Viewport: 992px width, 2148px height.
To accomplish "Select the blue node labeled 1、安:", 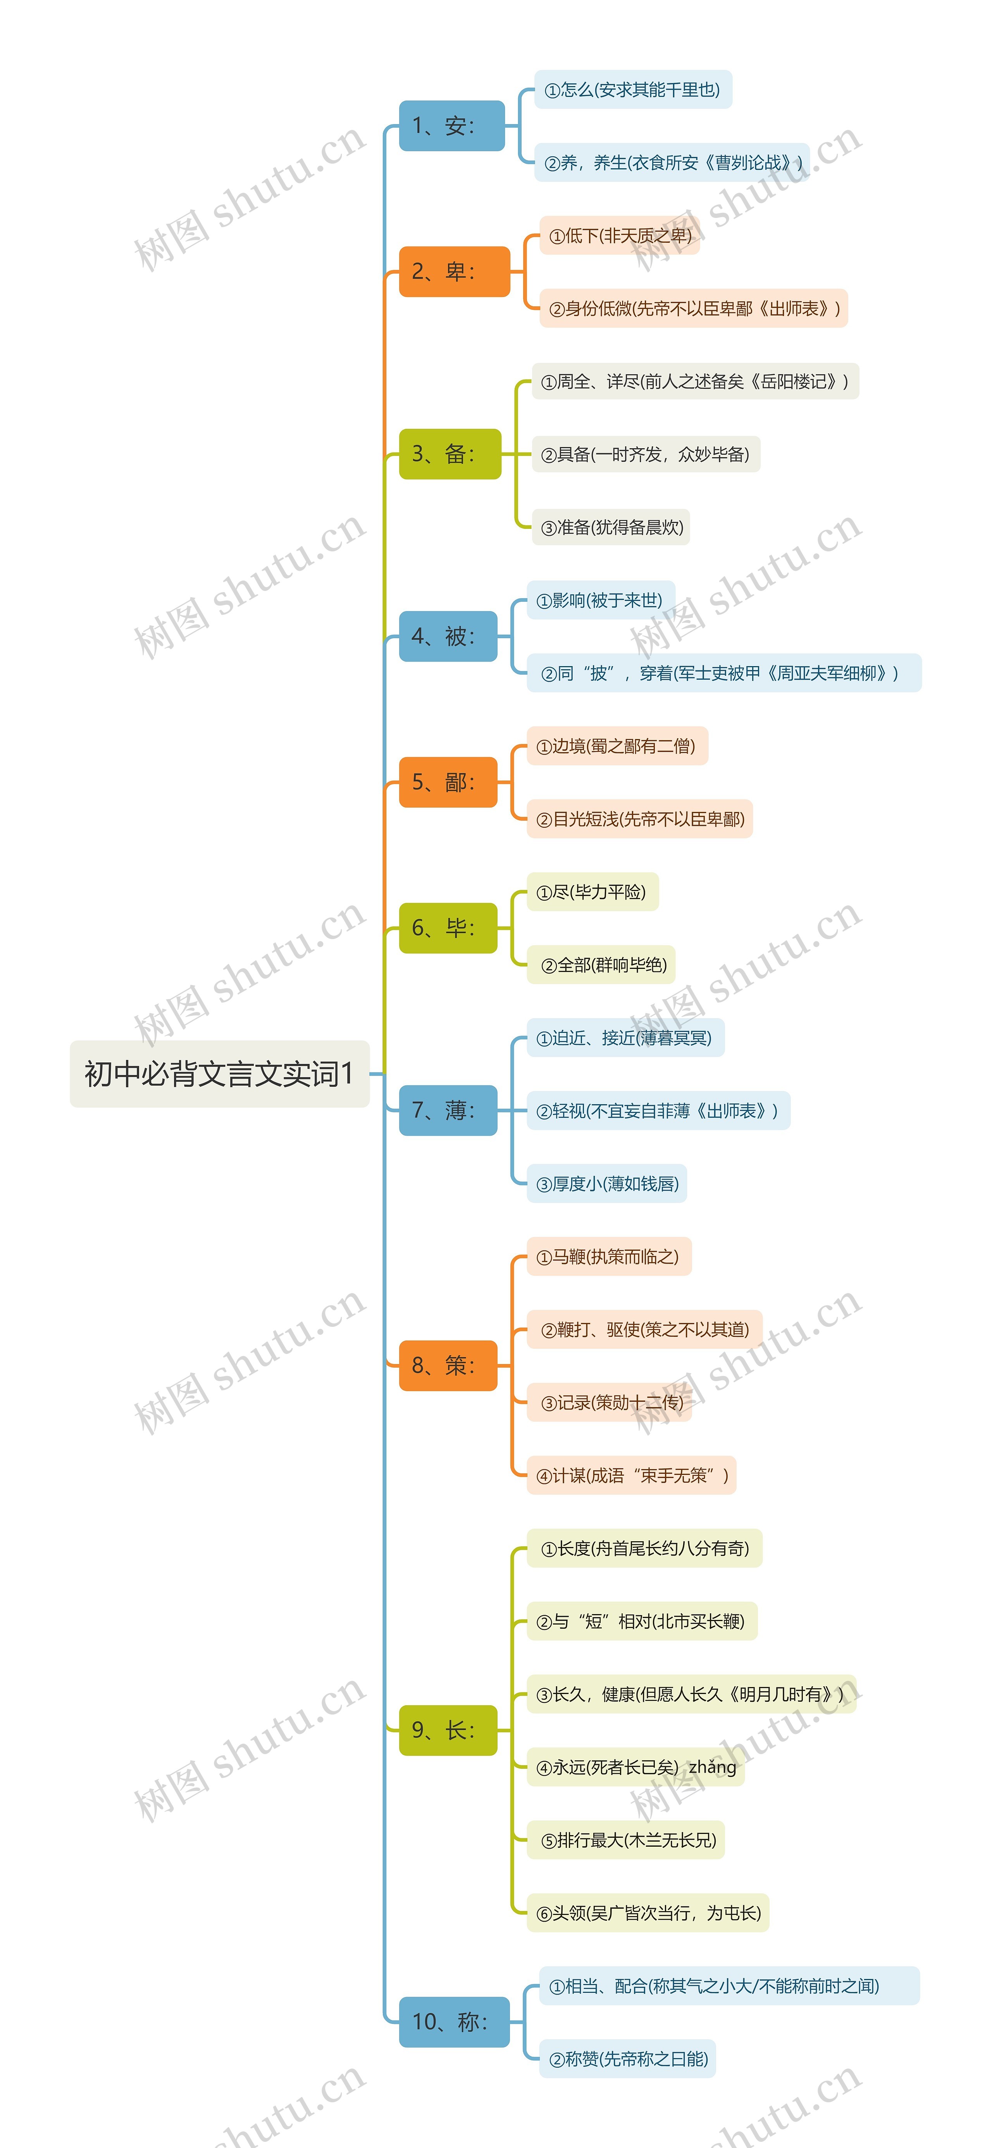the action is click(451, 126).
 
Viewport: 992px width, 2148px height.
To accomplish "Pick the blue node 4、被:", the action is click(448, 636).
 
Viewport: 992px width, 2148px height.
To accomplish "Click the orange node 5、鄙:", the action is click(448, 782).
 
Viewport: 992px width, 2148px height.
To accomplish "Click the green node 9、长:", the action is click(448, 1730).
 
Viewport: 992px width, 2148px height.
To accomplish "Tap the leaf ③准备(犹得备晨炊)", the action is click(611, 527).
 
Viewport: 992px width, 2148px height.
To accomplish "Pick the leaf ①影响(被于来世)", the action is click(600, 600).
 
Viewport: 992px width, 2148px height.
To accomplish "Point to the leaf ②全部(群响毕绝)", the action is click(601, 965).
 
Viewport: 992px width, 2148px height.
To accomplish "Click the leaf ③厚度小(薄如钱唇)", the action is click(607, 1183).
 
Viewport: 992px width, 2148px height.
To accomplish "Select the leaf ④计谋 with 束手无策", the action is click(631, 1475).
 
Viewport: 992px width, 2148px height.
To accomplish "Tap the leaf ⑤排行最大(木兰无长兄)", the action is click(625, 1840).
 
